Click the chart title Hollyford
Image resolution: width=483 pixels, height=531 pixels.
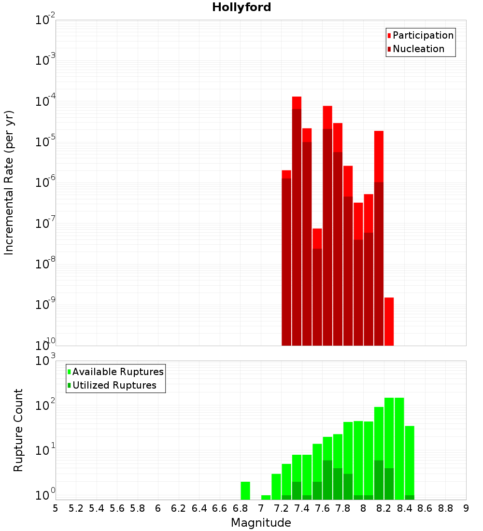tap(241, 7)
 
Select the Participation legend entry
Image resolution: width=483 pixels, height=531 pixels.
tap(420, 35)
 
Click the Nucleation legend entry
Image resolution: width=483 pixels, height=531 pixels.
tap(416, 49)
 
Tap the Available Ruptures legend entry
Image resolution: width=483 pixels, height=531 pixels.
tap(115, 372)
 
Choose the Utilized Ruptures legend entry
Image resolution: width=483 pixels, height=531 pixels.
tap(112, 385)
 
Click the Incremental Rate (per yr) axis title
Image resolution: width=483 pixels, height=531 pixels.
tap(9, 182)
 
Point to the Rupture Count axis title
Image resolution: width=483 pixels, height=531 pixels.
tap(18, 430)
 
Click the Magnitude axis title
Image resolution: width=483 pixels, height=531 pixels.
tap(261, 523)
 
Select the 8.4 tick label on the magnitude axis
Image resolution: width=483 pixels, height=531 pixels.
tap(404, 508)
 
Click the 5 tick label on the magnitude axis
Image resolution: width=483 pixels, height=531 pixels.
tap(56, 508)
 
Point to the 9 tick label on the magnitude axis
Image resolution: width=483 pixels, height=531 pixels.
tap(466, 508)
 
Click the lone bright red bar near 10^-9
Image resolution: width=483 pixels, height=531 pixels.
tap(389, 321)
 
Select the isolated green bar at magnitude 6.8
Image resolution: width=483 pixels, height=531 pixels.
tap(245, 490)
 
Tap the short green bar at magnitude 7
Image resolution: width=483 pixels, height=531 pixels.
tap(266, 497)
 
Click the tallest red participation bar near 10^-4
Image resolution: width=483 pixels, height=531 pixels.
tap(297, 103)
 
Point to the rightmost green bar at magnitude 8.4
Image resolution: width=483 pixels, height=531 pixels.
tap(410, 462)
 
